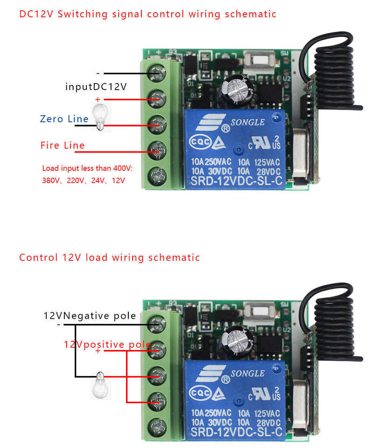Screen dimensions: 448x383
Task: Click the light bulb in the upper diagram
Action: pos(100,117)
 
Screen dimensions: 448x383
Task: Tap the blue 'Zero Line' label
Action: pos(64,119)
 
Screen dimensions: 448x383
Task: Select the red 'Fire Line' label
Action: pos(63,146)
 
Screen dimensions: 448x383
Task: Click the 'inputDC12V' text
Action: pos(96,87)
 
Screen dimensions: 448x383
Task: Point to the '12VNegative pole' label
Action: pos(90,316)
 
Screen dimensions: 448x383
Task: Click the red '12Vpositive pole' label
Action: pos(107,344)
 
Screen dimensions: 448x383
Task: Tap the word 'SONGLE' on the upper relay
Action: pos(247,122)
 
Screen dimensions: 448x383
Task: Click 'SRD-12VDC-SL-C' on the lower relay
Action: pos(236,433)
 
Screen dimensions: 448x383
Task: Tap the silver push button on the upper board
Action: pos(258,60)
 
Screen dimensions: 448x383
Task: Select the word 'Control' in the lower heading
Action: pos(38,257)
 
